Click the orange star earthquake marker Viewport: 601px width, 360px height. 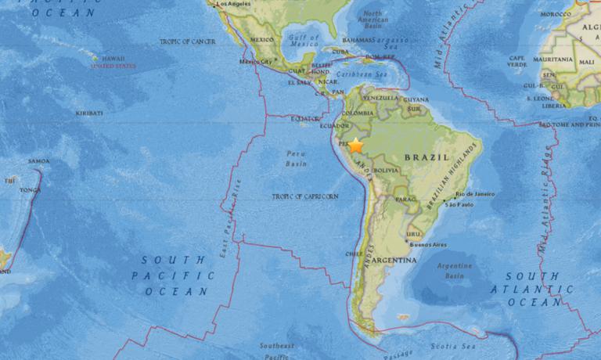pyautogui.click(x=355, y=145)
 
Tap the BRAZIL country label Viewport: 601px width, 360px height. pyautogui.click(x=427, y=157)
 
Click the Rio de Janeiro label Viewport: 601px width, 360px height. pyautogui.click(x=475, y=193)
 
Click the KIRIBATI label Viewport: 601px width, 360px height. pyautogui.click(x=89, y=113)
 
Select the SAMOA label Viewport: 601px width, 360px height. pyautogui.click(x=38, y=161)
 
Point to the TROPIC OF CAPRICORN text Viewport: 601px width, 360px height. pyautogui.click(x=305, y=196)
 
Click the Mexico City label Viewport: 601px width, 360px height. pyautogui.click(x=256, y=61)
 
